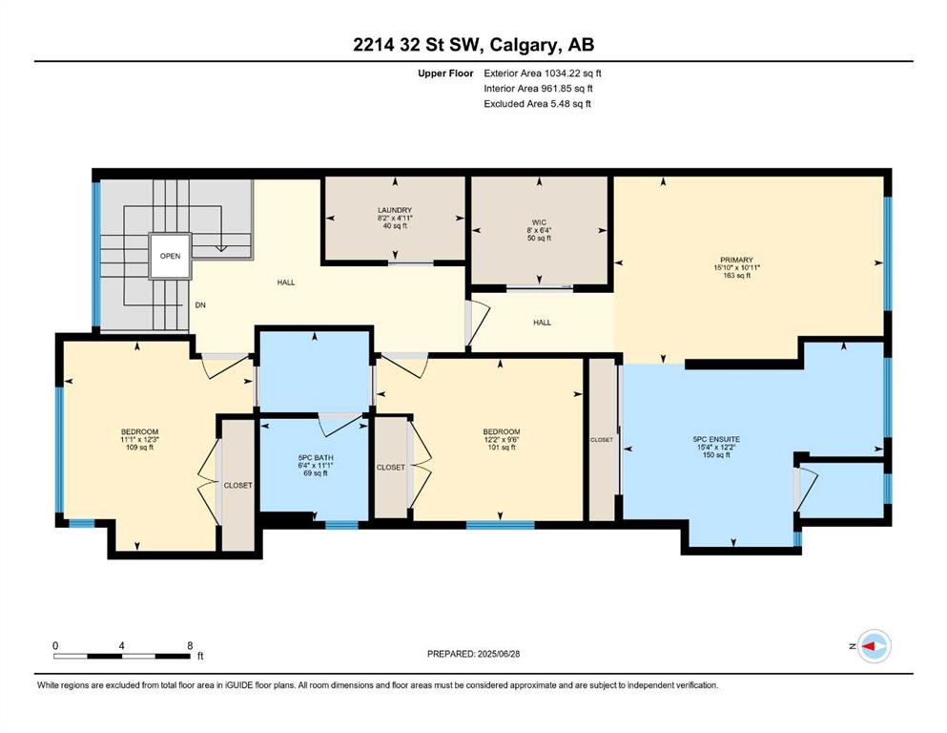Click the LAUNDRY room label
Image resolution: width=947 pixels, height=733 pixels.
coord(395,210)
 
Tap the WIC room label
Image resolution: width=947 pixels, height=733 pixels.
coord(540,222)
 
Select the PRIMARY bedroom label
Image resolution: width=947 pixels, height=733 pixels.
coord(737,260)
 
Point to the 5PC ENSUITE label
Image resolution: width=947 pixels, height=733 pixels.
coord(716,439)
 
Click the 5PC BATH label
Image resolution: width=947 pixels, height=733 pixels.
coord(316,457)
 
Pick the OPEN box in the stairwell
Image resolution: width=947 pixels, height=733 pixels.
coord(171,256)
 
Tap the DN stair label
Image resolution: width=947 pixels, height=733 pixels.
coord(200,305)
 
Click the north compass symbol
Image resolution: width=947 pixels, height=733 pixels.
coord(874,646)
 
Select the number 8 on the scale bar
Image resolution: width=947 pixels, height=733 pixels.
coord(190,645)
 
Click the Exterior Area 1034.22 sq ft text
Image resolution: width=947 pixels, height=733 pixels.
coord(543,73)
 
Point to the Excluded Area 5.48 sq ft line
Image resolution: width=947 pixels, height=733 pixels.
coord(538,103)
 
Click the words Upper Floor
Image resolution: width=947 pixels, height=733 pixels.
coord(445,73)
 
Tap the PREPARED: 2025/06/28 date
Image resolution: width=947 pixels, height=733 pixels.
coord(473,654)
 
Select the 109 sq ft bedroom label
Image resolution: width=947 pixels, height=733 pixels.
coord(139,448)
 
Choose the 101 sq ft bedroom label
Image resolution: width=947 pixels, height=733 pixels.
coord(502,448)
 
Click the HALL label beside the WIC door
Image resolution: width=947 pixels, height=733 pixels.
coord(543,322)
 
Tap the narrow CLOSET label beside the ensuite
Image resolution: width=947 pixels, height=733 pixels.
coord(602,440)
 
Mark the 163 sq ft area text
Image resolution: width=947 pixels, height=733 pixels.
coord(737,275)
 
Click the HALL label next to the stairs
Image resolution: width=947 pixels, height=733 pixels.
coord(286,283)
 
